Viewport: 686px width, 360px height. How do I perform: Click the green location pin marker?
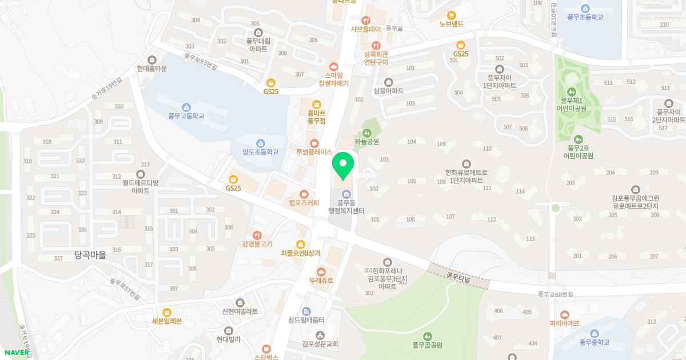click(x=343, y=165)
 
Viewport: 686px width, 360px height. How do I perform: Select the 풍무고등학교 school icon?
click(x=186, y=107)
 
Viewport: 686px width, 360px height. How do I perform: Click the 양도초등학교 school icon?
click(x=261, y=143)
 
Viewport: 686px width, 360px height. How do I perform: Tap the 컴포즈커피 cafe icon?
click(x=304, y=194)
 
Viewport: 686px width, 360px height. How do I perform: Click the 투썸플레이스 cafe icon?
click(x=314, y=143)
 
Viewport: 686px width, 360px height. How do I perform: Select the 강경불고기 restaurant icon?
click(x=257, y=235)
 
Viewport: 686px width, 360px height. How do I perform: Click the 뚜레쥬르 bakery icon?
click(x=321, y=271)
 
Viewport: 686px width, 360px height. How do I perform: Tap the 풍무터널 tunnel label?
click(x=458, y=278)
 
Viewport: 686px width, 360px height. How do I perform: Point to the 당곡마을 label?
click(x=90, y=255)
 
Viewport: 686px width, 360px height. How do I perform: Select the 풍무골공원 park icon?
click(x=428, y=336)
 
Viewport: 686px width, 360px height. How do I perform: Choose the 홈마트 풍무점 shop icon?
click(x=316, y=103)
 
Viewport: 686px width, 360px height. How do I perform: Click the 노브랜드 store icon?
click(x=451, y=15)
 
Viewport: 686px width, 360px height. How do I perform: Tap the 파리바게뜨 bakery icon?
click(x=565, y=314)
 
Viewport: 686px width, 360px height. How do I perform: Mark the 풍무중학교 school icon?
click(x=595, y=334)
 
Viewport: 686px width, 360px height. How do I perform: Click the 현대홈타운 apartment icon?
click(x=151, y=60)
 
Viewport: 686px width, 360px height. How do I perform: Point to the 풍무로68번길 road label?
click(x=555, y=294)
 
